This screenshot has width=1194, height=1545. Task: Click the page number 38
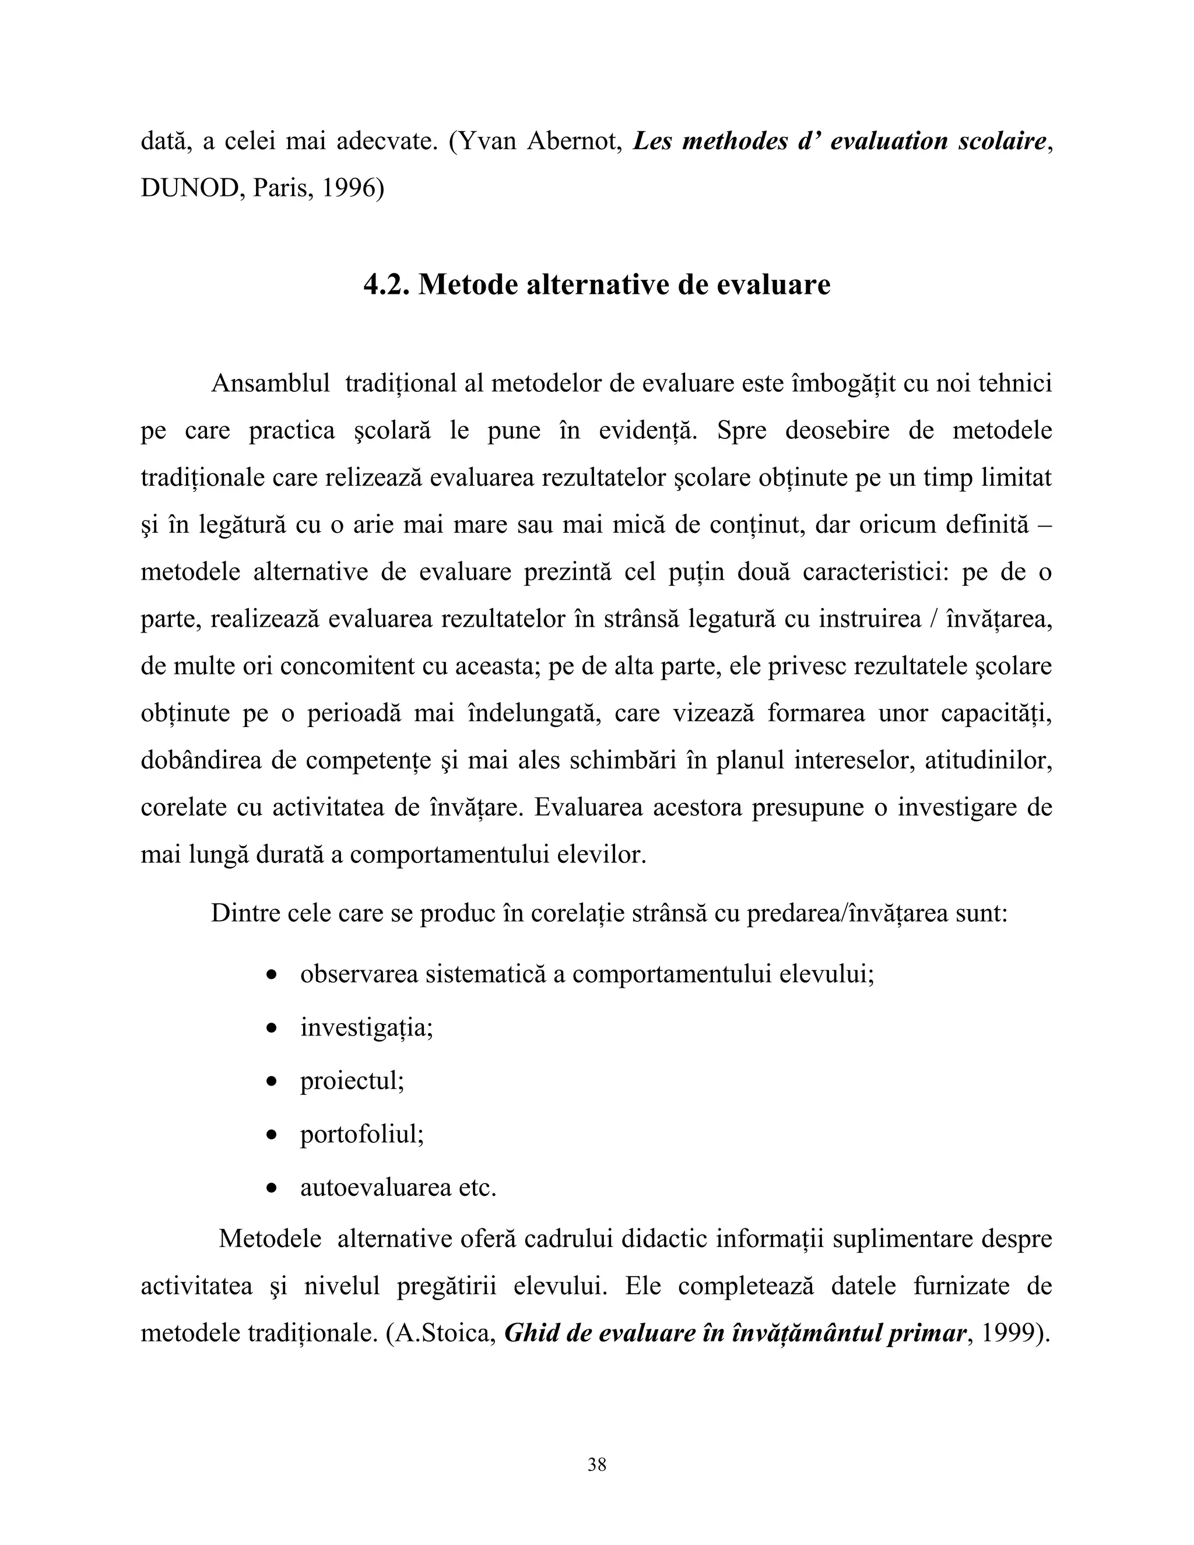pos(596,1465)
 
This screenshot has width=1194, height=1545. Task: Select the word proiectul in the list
pos(352,1081)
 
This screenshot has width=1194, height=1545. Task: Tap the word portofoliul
pos(361,1134)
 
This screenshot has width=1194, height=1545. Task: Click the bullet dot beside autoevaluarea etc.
pos(271,1188)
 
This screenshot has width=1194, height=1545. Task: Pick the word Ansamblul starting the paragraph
pos(270,384)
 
